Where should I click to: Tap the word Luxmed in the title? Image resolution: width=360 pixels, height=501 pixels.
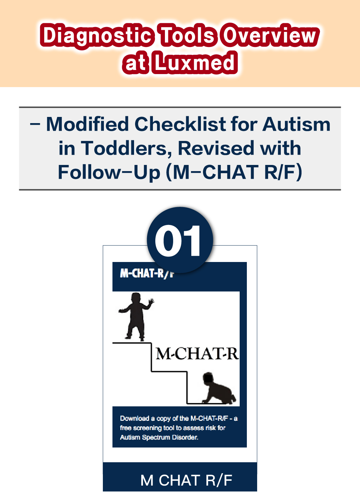coord(194,63)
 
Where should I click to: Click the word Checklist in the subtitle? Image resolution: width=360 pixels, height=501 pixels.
coord(180,124)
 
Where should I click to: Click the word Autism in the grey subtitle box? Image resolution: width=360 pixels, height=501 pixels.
coord(296,124)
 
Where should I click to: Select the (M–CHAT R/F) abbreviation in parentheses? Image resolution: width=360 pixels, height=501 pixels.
coord(234,172)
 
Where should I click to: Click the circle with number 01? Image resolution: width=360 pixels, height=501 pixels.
coord(180,240)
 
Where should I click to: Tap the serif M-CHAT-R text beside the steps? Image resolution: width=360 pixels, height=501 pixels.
coord(197,354)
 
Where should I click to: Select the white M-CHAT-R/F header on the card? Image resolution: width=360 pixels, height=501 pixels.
coord(147,273)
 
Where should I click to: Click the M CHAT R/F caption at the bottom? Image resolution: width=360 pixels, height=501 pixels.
coord(186,480)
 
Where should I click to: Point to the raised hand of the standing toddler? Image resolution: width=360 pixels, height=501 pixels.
coord(151,302)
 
